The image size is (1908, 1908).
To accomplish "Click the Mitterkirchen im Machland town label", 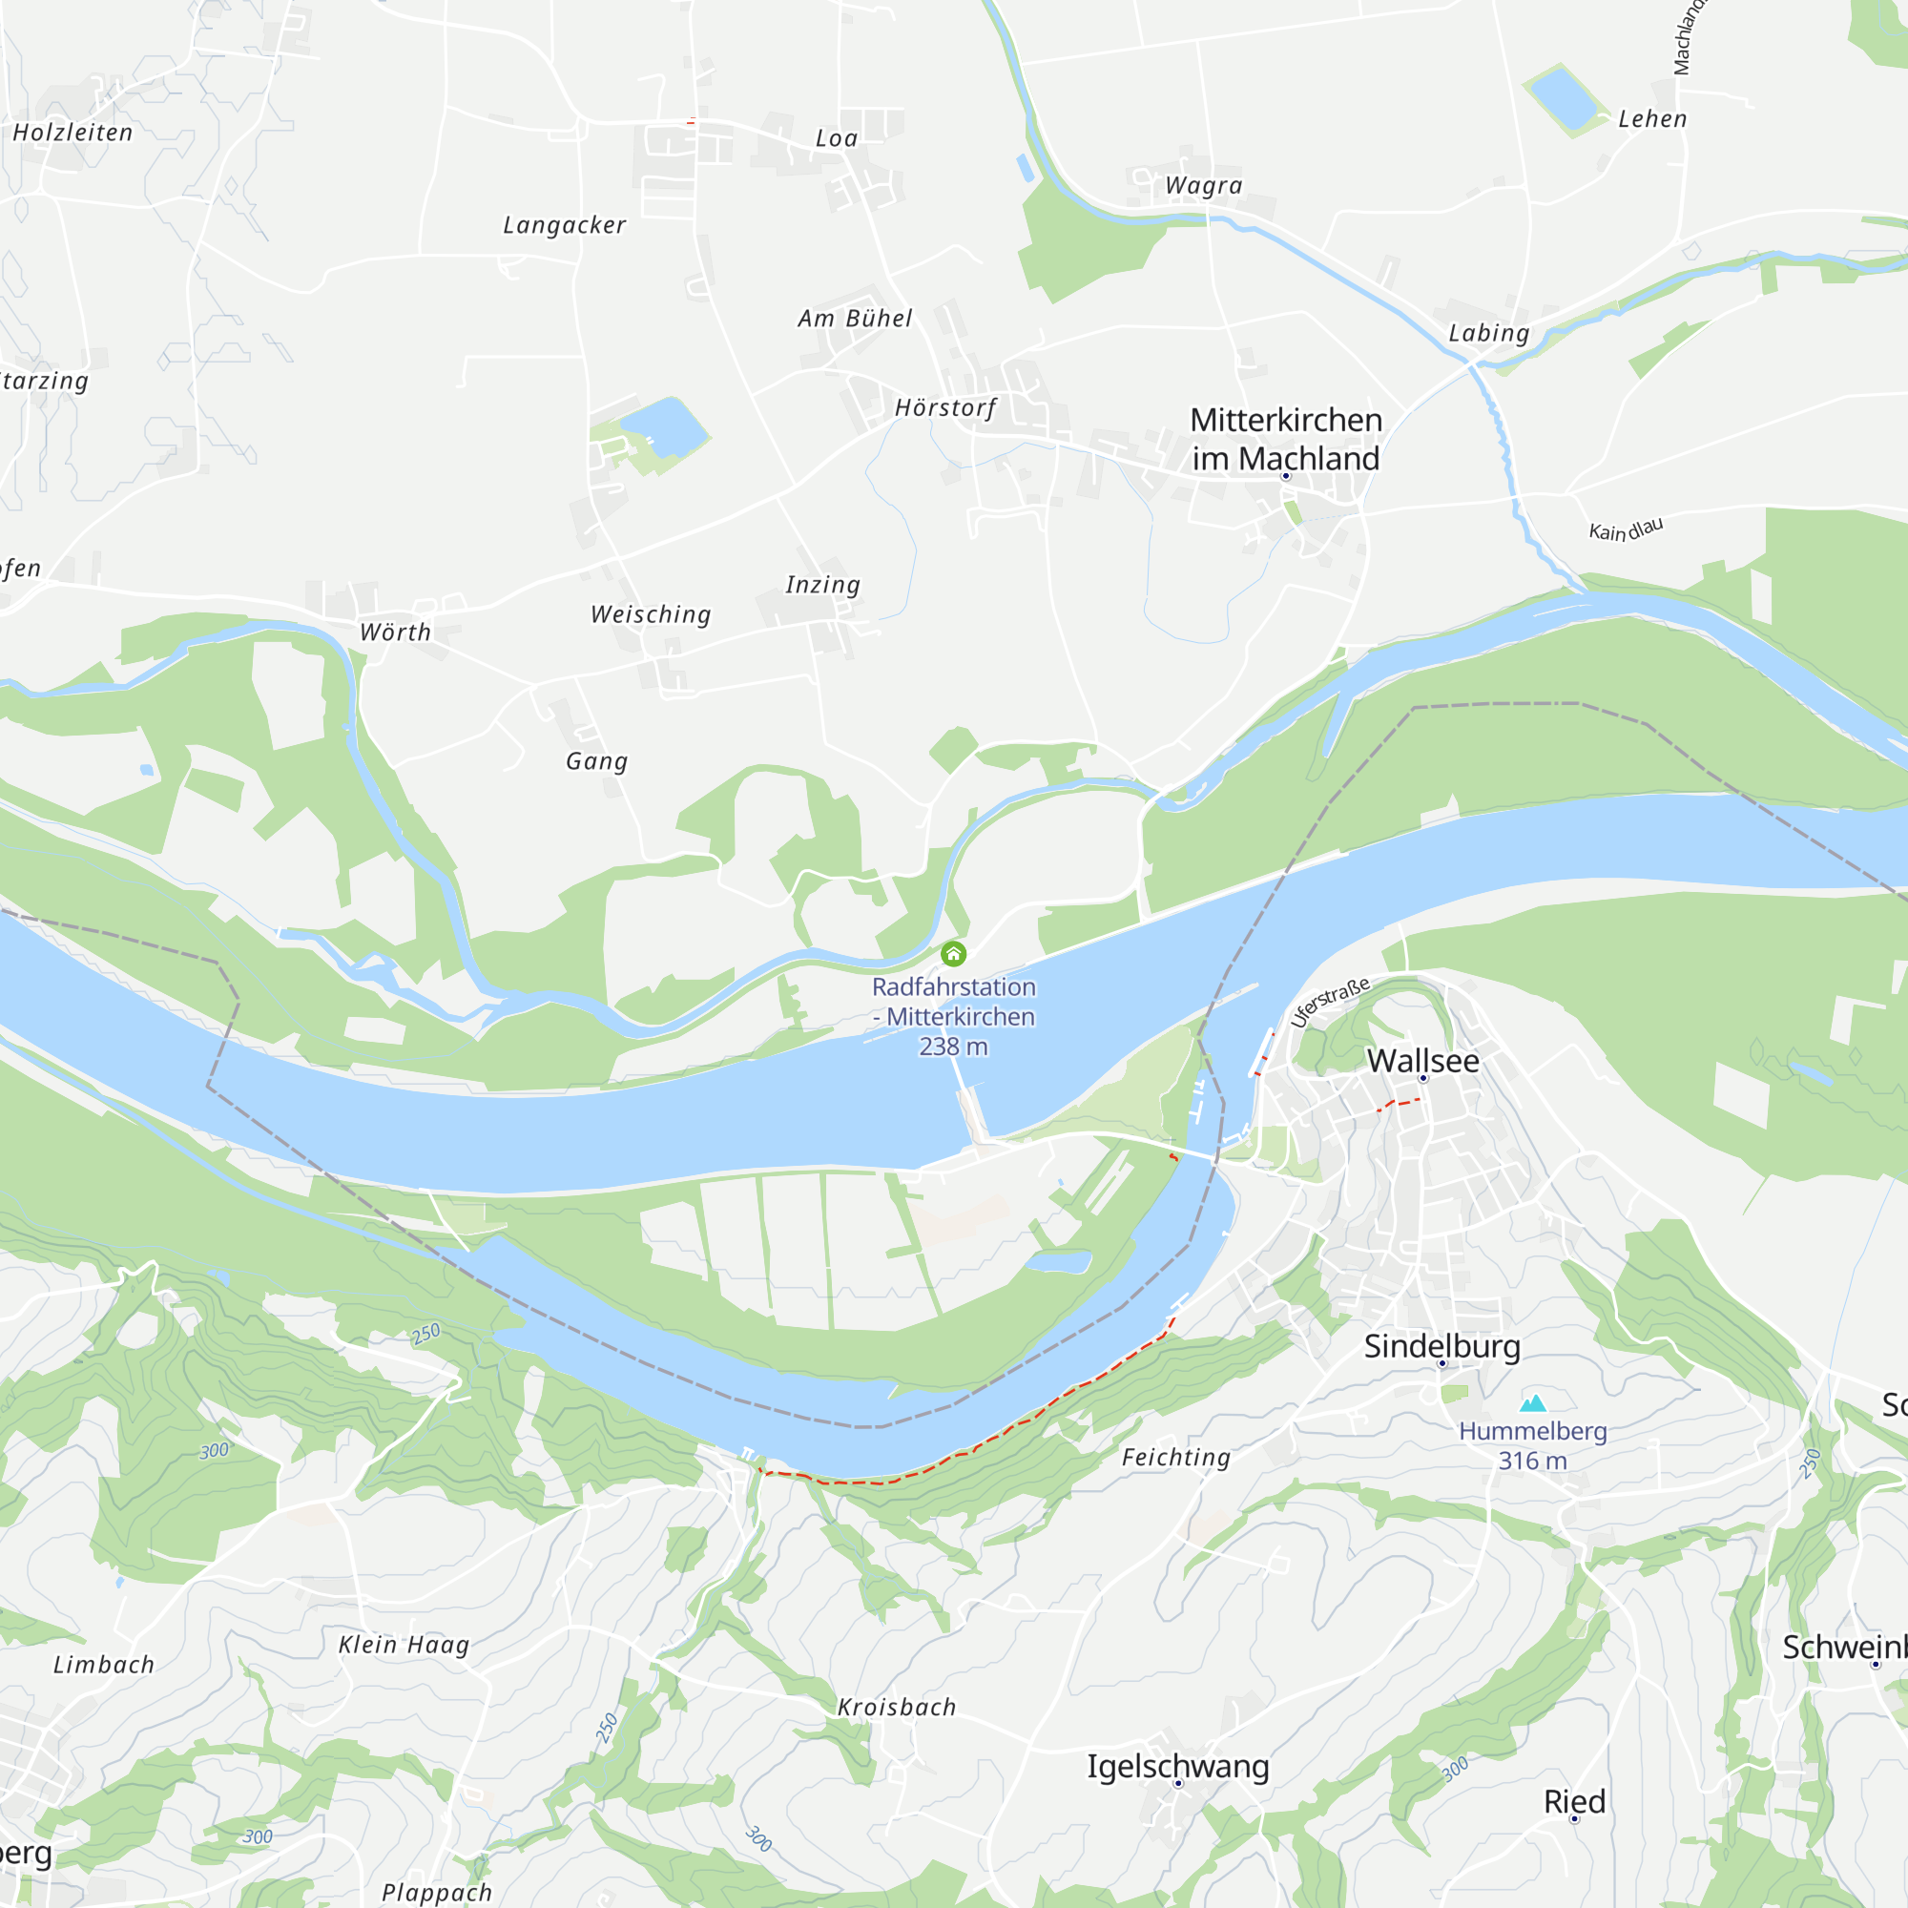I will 1285,439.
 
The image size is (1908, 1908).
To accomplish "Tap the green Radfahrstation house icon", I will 953,954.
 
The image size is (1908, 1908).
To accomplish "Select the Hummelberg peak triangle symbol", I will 1533,1403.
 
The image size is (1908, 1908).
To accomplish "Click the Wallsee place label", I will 1423,1062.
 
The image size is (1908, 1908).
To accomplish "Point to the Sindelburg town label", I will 1441,1346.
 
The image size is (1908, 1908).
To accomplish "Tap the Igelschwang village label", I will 1178,1766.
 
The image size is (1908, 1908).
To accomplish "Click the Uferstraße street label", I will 1330,1003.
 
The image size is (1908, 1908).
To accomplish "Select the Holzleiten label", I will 73,133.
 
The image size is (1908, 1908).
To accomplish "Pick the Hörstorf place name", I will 945,408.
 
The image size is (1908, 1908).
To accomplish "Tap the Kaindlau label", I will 1626,529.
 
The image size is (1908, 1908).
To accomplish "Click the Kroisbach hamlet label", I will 897,1708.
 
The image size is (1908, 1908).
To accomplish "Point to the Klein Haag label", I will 404,1646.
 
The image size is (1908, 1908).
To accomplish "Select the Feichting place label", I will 1176,1458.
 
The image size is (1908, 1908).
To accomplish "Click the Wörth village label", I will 395,633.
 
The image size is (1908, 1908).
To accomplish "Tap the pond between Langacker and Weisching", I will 663,425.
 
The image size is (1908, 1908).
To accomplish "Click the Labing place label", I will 1489,333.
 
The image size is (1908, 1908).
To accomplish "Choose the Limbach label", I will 104,1665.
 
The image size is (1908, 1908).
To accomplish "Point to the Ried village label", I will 1575,1801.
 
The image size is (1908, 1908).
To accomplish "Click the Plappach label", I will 437,1892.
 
